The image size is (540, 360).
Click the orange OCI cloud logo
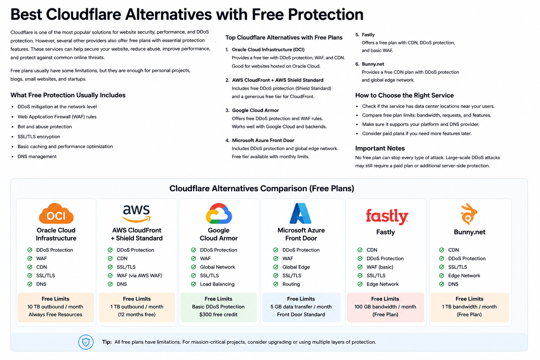point(56,213)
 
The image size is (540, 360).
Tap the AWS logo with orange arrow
point(136,213)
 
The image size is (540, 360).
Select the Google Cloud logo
point(219,213)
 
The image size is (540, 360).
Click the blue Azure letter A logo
point(300,213)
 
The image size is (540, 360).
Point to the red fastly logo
point(387,217)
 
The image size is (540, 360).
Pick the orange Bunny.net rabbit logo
point(469,214)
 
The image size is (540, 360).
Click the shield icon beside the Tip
point(86,342)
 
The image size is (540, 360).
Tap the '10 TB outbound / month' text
point(55,307)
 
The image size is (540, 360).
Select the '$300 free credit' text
point(218,314)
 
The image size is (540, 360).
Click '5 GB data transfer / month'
point(301,307)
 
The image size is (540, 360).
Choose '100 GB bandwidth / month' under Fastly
point(385,307)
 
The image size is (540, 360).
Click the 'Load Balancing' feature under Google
point(217,284)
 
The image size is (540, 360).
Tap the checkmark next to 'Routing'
point(276,284)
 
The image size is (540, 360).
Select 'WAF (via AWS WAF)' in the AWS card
point(139,275)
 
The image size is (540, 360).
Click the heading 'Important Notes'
point(380,148)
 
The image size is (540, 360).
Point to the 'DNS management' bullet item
point(37,156)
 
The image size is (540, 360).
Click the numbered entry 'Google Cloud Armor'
point(255,110)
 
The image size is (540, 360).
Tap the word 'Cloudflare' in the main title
point(83,14)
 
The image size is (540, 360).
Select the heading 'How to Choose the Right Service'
point(404,95)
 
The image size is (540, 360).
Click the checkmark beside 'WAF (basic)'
point(360,267)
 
